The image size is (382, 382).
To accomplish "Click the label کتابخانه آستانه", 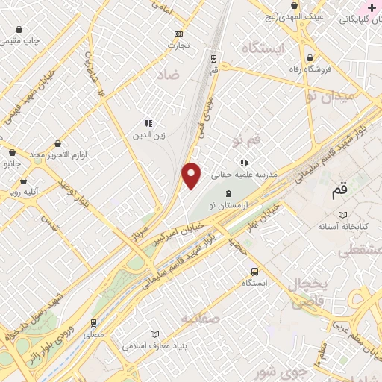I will [344, 225].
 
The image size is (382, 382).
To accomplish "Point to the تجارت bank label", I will [178, 45].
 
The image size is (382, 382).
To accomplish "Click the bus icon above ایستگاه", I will [255, 272].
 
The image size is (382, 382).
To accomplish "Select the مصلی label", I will [93, 335].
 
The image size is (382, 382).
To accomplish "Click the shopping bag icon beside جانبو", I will [13, 152].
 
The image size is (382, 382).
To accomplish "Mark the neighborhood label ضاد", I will [169, 75].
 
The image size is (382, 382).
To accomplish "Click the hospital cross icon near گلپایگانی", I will [372, 7].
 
